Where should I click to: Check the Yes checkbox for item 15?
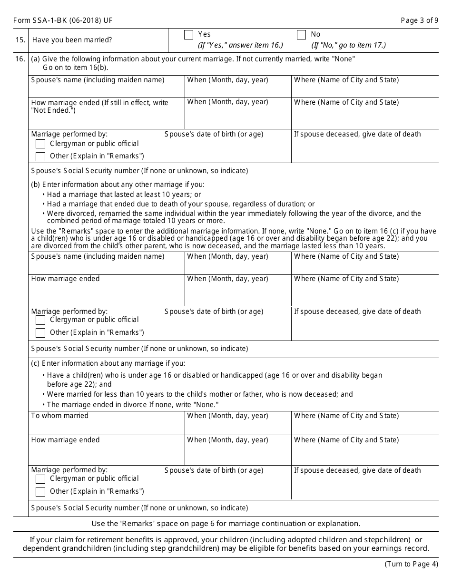click(188, 35)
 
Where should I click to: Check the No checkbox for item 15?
click(301, 35)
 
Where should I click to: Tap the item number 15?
click(20, 40)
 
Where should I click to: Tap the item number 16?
click(20, 59)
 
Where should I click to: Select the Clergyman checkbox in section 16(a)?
click(40, 144)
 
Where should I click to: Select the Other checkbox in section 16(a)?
click(40, 156)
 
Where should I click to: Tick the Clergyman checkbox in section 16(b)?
click(40, 320)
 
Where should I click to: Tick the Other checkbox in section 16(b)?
click(40, 333)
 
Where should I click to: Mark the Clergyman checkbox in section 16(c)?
click(40, 479)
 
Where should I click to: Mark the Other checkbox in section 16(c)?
click(40, 492)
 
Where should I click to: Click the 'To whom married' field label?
click(59, 416)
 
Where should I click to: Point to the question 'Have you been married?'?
click(72, 40)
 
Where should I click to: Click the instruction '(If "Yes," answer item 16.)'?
click(240, 45)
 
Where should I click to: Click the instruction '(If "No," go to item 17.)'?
click(348, 45)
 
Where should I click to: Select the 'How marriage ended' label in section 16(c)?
click(65, 440)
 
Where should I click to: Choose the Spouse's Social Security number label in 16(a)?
click(139, 171)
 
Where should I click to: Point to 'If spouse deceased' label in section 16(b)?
click(357, 312)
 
